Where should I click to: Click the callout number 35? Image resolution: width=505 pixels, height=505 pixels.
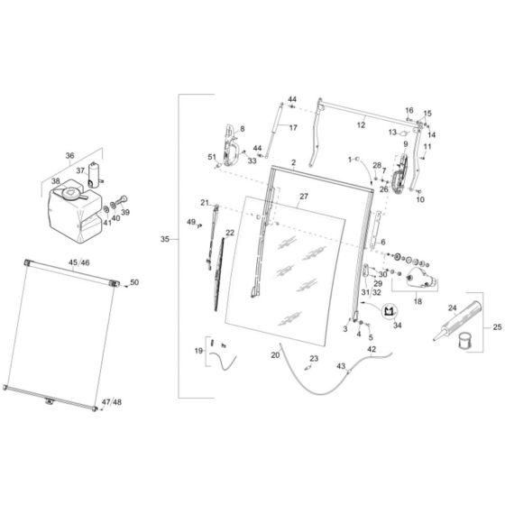pyautogui.click(x=164, y=239)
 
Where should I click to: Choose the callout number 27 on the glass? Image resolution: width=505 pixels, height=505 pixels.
pyautogui.click(x=304, y=196)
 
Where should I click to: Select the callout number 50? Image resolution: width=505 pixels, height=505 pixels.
pyautogui.click(x=135, y=282)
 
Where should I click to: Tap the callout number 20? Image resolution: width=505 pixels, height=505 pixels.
pyautogui.click(x=275, y=355)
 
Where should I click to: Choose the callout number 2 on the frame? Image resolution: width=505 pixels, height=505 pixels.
pyautogui.click(x=294, y=162)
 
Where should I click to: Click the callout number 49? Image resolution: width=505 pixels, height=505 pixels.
pyautogui.click(x=190, y=222)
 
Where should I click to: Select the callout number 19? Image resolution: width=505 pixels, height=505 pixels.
pyautogui.click(x=198, y=350)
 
